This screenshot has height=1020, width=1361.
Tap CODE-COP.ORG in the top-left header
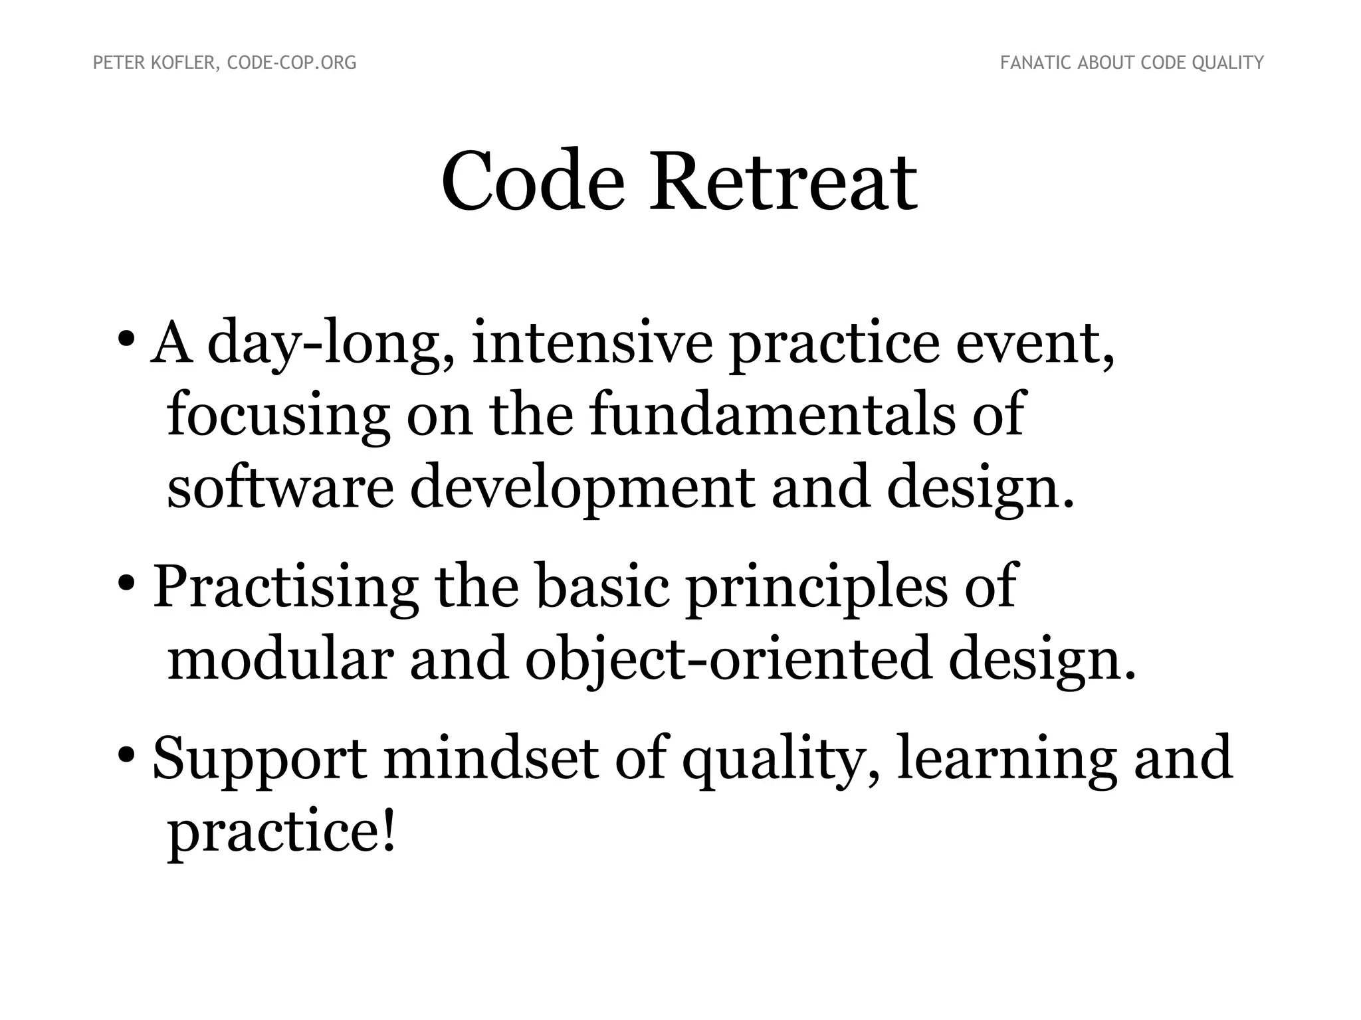tap(292, 63)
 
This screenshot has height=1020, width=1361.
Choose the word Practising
tap(286, 587)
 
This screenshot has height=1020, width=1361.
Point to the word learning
tap(1006, 760)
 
